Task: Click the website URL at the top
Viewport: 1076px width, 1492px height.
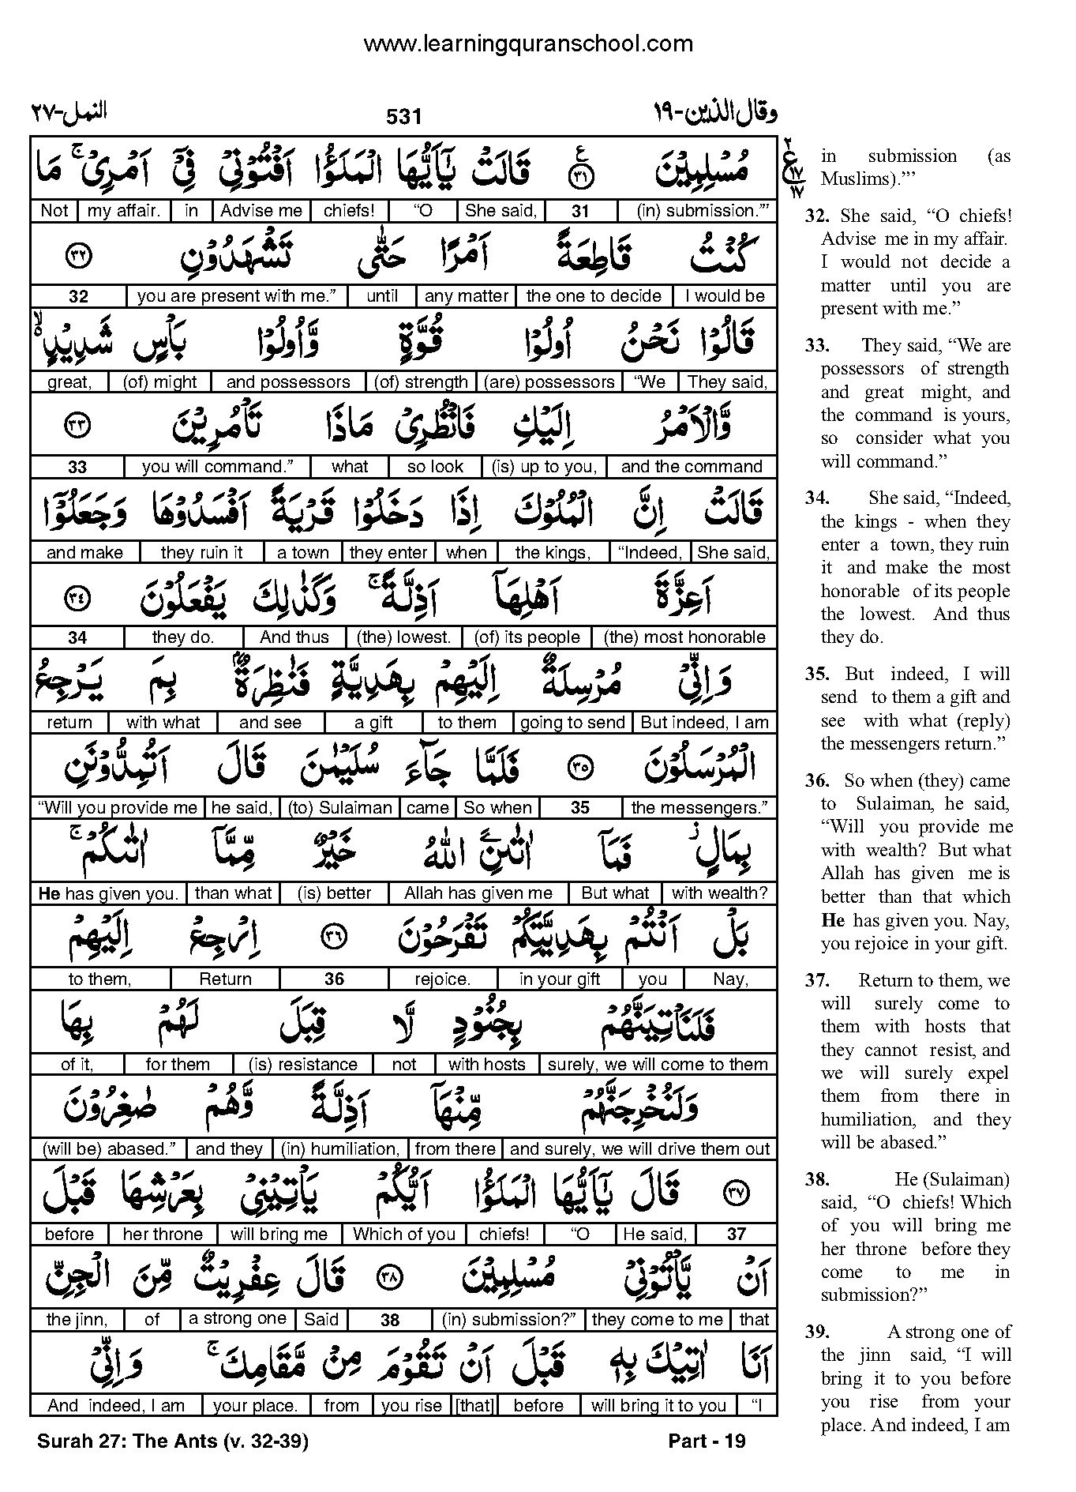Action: pyautogui.click(x=527, y=43)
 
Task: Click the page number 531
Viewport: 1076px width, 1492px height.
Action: pyautogui.click(x=403, y=117)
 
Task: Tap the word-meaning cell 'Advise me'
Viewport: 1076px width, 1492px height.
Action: pyautogui.click(x=261, y=211)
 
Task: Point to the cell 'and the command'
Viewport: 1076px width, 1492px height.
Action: pyautogui.click(x=692, y=467)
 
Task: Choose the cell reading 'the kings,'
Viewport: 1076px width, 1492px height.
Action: pyautogui.click(x=553, y=553)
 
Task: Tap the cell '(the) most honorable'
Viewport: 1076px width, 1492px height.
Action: pyautogui.click(x=684, y=637)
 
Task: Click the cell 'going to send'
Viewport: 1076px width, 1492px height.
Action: pyautogui.click(x=573, y=723)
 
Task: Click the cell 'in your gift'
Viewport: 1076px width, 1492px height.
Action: pyautogui.click(x=560, y=979)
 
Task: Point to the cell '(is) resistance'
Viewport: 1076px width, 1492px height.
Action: pyautogui.click(x=302, y=1065)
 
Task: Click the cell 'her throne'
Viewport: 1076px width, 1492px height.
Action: pyautogui.click(x=163, y=1235)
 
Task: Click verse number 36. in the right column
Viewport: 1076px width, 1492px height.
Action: pyautogui.click(x=818, y=781)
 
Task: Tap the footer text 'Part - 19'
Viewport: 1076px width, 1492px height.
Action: pyautogui.click(x=707, y=1441)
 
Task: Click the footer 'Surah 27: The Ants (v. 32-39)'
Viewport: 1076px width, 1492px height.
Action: pyautogui.click(x=172, y=1441)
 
